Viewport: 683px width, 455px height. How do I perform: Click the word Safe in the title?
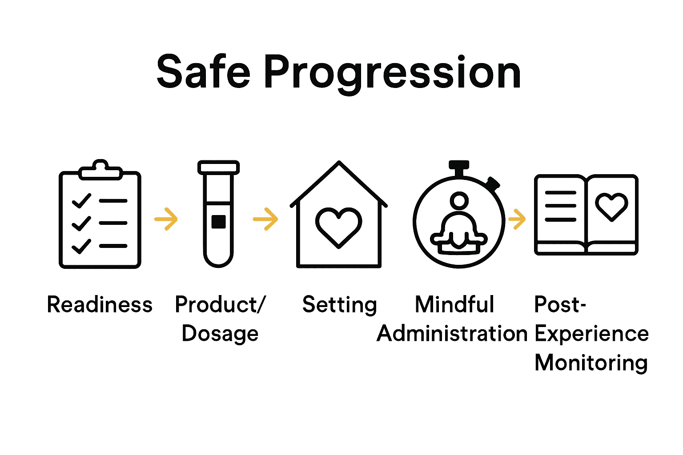203,72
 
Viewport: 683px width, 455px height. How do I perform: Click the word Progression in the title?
392,73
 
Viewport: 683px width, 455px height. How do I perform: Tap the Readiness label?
100,305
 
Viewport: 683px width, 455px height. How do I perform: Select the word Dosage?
220,334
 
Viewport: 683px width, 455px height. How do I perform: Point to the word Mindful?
454,305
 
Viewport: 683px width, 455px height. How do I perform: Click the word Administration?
452,334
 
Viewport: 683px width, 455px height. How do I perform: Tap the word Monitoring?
591,363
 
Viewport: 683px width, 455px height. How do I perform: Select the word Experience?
591,334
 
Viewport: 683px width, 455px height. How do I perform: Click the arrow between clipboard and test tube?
166,219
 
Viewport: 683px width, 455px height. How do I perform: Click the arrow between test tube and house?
265,219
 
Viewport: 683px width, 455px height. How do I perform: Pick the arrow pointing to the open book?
517,219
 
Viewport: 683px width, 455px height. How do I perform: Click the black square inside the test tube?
218,221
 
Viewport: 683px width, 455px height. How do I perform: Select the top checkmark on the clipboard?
82,201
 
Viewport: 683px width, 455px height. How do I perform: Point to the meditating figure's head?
459,200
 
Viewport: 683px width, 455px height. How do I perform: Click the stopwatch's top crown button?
459,166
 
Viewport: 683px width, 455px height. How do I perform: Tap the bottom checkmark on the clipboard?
82,246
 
